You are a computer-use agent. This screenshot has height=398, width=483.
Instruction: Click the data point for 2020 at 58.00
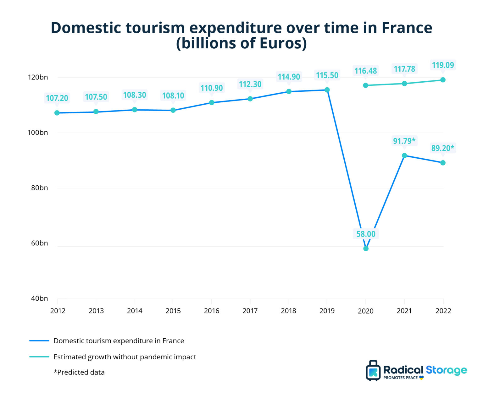pos(366,248)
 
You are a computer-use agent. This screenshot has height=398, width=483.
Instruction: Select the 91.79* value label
pos(404,141)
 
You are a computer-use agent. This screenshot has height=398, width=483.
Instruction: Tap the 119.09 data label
pos(443,65)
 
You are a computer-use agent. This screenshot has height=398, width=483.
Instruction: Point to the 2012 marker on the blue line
pos(57,113)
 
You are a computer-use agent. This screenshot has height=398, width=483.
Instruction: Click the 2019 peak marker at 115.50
pos(327,90)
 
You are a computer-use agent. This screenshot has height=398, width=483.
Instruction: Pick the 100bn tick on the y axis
pos(38,133)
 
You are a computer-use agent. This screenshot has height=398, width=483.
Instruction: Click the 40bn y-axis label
pos(39,298)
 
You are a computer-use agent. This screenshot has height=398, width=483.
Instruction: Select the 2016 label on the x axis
pos(212,311)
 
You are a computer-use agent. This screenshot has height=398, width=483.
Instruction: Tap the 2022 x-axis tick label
pos(443,311)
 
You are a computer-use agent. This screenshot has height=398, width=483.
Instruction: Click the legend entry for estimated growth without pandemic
pos(125,357)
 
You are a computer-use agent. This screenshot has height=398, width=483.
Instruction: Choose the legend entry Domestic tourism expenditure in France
pos(119,341)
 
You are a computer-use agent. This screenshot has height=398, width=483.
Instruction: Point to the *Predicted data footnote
pos(79,372)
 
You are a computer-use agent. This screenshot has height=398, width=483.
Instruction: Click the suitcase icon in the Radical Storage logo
pos(373,371)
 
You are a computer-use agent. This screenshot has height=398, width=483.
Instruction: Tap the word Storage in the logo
pos(446,370)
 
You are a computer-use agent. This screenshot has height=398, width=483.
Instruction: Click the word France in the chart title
pos(407,28)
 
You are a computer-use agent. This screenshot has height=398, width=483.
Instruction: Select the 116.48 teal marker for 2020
pos(365,85)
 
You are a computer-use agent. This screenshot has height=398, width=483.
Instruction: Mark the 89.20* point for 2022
pos(443,163)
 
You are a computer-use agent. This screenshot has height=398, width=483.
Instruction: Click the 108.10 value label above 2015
pos(173,96)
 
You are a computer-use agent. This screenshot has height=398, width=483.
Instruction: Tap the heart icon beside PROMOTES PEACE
pos(421,378)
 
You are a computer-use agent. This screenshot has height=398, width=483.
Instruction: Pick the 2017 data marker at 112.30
pos(250,99)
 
